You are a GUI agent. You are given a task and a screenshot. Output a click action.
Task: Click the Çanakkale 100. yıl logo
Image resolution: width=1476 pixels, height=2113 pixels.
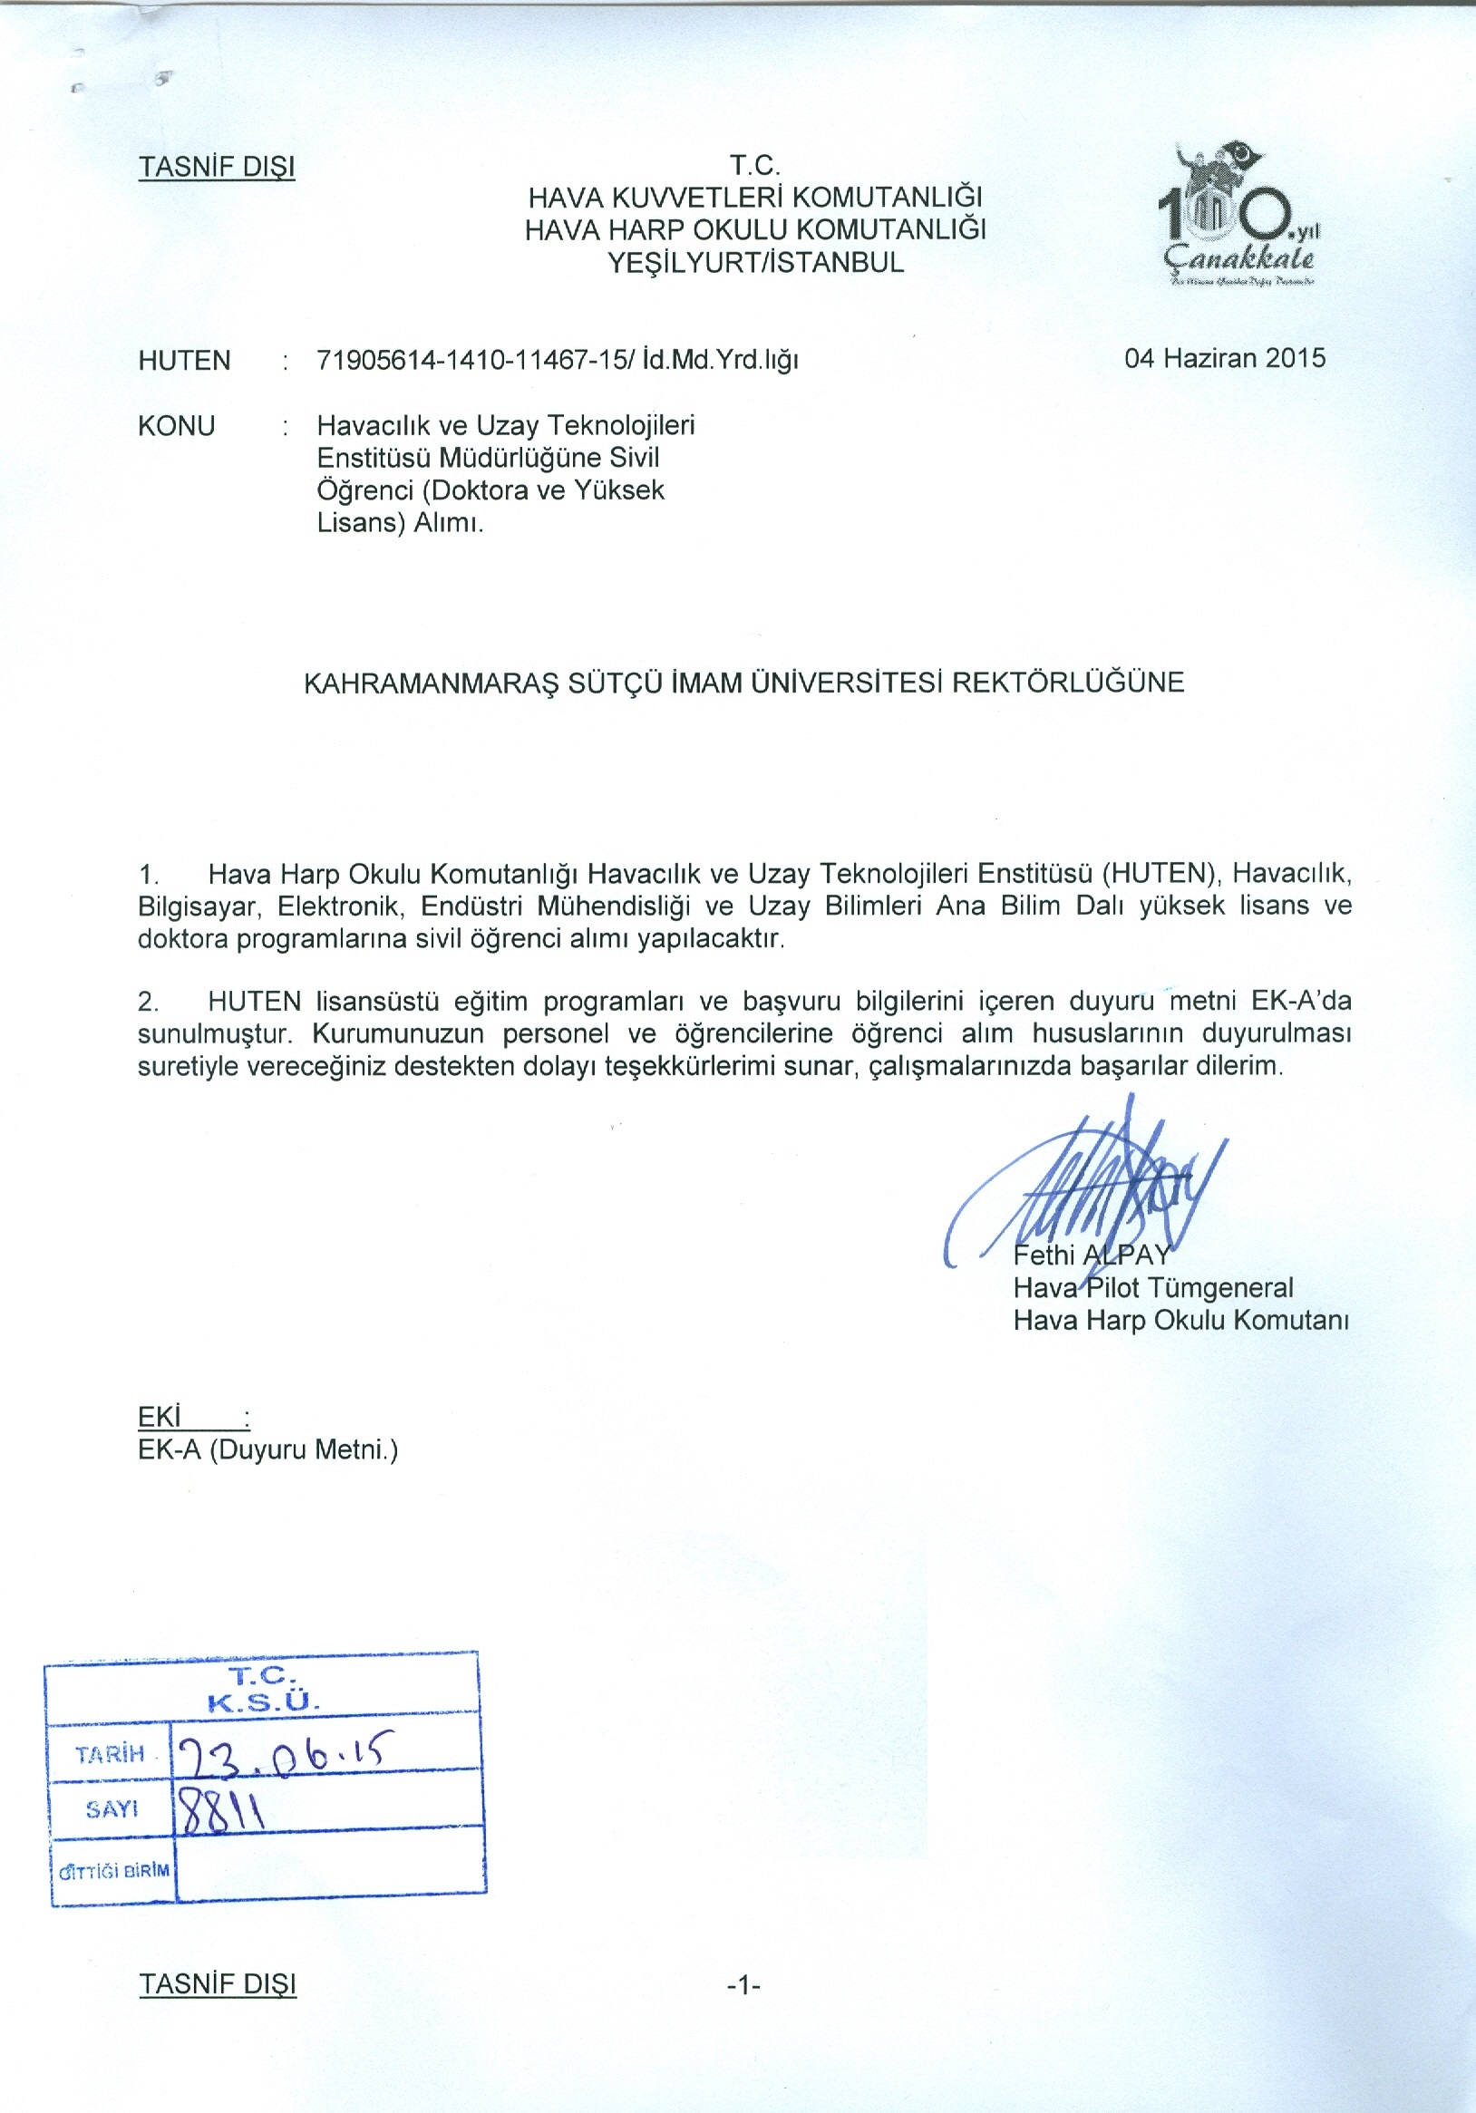(1238, 217)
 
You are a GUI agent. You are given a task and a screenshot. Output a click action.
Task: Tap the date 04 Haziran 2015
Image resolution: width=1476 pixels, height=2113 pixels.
(1224, 358)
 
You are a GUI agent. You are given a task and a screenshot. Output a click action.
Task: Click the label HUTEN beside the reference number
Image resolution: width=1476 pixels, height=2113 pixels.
(184, 361)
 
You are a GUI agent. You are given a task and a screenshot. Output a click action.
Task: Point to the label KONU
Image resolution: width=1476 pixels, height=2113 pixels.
(176, 426)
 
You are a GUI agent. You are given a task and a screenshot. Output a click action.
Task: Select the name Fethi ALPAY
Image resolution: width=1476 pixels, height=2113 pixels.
(1092, 1255)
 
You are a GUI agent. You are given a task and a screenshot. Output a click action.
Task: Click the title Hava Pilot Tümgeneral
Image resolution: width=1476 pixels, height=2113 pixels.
(1153, 1287)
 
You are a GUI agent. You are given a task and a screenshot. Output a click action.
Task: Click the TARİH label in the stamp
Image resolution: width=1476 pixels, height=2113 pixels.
(111, 1753)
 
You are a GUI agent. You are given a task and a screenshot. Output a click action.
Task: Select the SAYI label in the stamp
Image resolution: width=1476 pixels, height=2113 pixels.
(112, 1809)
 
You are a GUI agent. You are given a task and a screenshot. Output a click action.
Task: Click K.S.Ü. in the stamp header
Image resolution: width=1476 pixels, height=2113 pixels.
(263, 1703)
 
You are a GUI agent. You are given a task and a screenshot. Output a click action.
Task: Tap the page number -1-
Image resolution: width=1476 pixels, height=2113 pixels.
(743, 1986)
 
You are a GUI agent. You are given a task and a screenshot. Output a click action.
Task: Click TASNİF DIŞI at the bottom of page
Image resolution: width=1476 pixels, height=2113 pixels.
(218, 1984)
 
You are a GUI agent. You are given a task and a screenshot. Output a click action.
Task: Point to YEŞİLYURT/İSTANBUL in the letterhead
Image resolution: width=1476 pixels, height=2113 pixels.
(755, 263)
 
